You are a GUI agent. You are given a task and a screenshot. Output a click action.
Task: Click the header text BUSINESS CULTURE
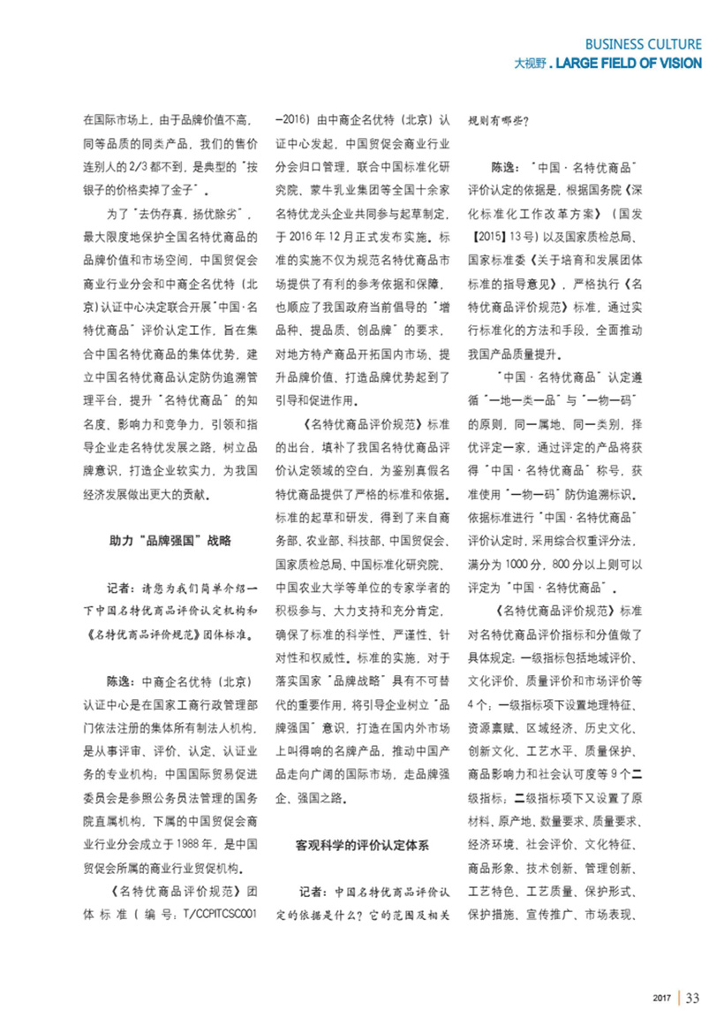point(643,43)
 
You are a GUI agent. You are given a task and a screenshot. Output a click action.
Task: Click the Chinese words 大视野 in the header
point(532,64)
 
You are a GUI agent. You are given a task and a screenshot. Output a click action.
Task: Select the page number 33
point(692,998)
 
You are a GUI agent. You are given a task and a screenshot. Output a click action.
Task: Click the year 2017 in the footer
point(663,999)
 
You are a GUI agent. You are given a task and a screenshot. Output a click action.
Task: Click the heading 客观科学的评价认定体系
point(362,845)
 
